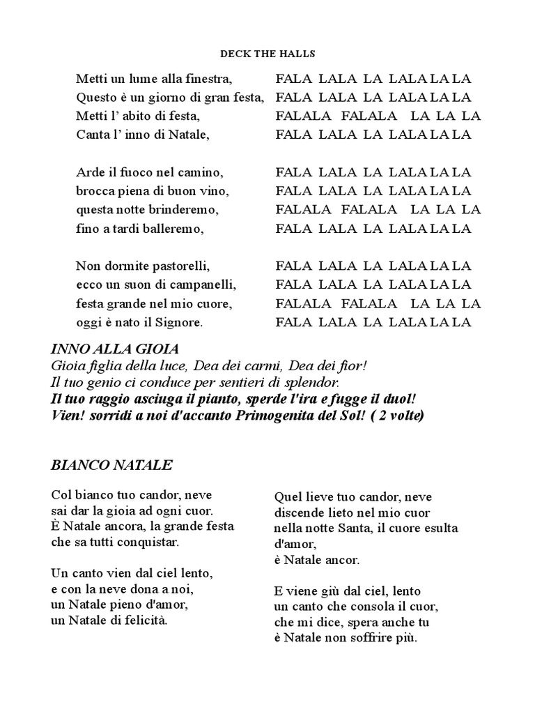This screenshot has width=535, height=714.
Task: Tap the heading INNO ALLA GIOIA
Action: point(115,348)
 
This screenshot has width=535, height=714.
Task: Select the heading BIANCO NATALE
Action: point(112,464)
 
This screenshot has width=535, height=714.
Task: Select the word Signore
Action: point(180,322)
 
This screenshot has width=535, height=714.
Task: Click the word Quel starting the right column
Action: point(288,496)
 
